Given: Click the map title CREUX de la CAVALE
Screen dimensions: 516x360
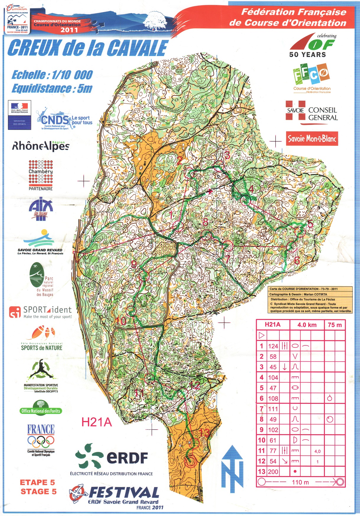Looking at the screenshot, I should (x=88, y=48).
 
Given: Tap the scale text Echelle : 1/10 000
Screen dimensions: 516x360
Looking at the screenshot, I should (x=52, y=75).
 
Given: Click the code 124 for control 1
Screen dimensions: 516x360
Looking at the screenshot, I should (x=273, y=346).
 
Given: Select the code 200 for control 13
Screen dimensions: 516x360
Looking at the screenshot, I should (x=273, y=472).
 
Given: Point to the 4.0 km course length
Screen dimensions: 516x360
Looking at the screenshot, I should (x=307, y=325).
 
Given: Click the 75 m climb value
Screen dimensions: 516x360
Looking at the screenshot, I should (x=335, y=325).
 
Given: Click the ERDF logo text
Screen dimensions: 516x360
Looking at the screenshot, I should (x=127, y=458).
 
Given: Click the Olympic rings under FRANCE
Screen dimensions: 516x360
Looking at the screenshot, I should (x=41, y=442).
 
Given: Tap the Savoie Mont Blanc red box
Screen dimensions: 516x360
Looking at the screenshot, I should (x=312, y=139).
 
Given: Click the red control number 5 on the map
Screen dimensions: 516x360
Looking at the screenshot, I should (x=310, y=224).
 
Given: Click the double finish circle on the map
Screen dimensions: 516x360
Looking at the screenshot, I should (x=190, y=461).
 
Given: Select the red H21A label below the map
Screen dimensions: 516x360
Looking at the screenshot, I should (x=97, y=422).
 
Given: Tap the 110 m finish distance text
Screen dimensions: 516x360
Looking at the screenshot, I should (x=300, y=482).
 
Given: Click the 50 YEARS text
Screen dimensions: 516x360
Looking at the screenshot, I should (x=307, y=55).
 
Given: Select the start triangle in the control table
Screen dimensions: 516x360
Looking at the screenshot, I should (x=262, y=335).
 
